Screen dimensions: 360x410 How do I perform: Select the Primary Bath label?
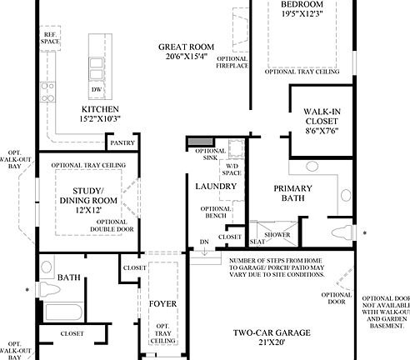(x=292, y=193)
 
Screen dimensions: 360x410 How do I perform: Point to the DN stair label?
(x=204, y=242)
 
